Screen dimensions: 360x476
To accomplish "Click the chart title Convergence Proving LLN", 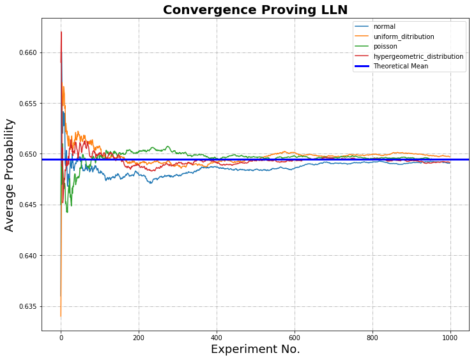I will tap(255, 10).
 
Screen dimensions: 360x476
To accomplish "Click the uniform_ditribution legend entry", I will tap(403, 36).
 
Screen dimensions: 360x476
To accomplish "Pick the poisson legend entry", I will tap(386, 46).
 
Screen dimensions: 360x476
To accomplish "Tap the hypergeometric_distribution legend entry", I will tap(418, 56).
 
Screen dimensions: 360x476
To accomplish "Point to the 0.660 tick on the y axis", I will tap(27, 52).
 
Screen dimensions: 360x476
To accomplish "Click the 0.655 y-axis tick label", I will tap(27, 104).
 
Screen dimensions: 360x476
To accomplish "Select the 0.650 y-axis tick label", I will tap(27, 154).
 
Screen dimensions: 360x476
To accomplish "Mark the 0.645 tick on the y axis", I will tap(27, 205).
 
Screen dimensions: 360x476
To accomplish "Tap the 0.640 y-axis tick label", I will tap(27, 256).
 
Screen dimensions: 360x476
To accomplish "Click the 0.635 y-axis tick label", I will tap(27, 307).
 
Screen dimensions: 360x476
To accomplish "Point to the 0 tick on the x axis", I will tap(61, 338).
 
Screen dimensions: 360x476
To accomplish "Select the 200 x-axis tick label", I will tap(139, 338).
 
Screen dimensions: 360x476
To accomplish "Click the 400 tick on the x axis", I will tap(217, 338).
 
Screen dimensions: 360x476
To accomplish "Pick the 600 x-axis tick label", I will tap(295, 338).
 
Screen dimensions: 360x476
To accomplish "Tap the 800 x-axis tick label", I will tap(372, 338).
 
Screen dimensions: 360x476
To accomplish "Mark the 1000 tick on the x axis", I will tap(450, 338).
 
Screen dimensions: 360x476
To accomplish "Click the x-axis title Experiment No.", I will tap(255, 350).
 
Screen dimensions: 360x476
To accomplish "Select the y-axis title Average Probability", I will tap(10, 175).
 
